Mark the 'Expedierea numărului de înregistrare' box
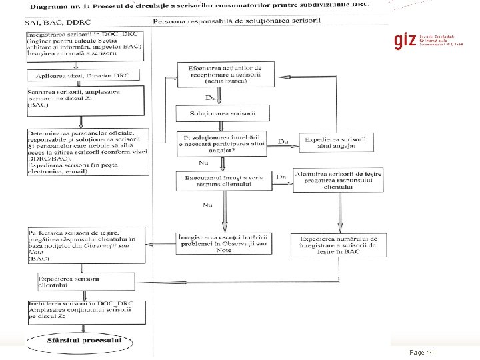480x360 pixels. [339, 245]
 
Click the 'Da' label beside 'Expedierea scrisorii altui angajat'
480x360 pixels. [283, 141]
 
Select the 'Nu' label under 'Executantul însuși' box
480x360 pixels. [207, 205]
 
